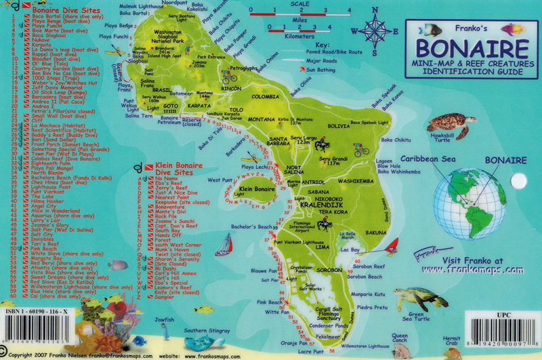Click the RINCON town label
[x=231, y=88]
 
